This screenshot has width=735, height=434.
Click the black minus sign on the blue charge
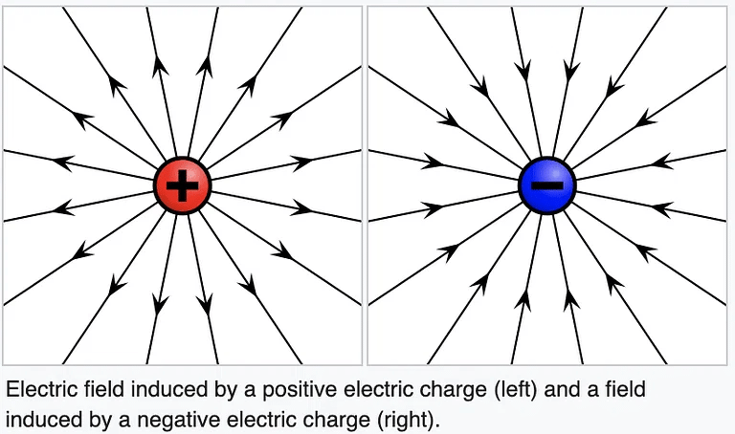point(546,184)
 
